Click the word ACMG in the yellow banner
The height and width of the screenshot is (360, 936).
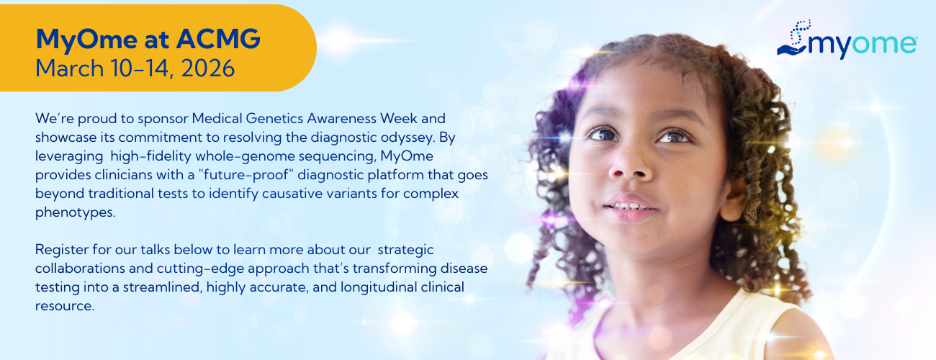pos(218,39)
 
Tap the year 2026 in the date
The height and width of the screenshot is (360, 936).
pos(207,68)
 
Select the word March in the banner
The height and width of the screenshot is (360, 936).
pos(69,68)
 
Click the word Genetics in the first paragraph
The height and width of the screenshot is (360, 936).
pos(274,119)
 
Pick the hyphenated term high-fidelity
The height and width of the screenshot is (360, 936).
pos(151,157)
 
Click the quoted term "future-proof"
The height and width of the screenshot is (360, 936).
pos(246,174)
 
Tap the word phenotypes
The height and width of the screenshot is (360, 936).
pos(75,212)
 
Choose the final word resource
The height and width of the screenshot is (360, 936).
pos(65,306)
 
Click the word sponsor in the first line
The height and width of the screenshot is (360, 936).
pos(163,119)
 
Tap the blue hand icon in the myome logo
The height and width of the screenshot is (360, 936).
pos(791,50)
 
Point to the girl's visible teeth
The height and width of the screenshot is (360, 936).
pos(630,207)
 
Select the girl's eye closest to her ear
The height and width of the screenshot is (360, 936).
pos(674,137)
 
